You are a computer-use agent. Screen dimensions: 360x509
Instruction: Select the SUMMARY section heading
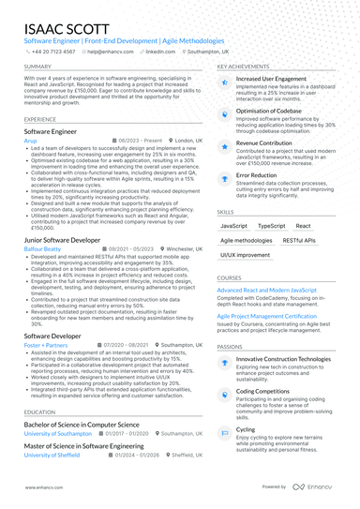tap(38, 67)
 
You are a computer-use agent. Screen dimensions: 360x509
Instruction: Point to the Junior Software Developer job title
tap(62, 240)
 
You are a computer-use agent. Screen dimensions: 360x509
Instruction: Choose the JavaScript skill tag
tap(233, 226)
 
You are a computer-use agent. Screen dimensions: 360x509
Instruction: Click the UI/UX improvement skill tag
tap(243, 254)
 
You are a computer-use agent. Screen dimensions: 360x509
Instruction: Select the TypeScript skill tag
tap(272, 226)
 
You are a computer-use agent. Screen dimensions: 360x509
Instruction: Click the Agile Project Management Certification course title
tap(280, 316)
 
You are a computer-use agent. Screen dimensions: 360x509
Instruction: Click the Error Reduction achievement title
tap(256, 174)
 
